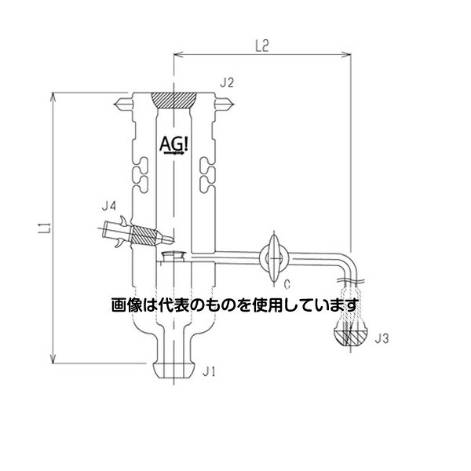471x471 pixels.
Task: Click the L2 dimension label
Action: [x=262, y=46]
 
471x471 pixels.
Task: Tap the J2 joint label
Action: [x=228, y=82]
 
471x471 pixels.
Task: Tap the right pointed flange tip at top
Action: [x=227, y=102]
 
